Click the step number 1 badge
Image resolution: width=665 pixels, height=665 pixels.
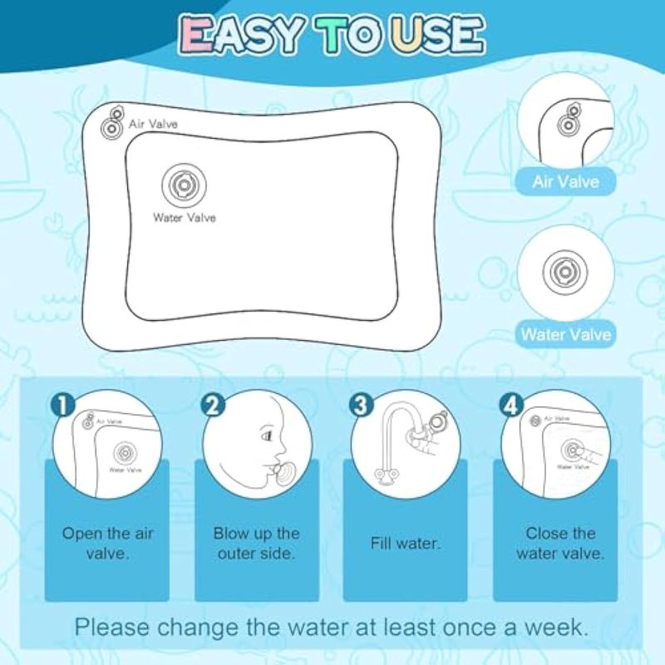click(x=62, y=406)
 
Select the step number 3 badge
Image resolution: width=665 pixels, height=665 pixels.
click(x=361, y=406)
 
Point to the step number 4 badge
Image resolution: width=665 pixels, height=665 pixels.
click(x=512, y=406)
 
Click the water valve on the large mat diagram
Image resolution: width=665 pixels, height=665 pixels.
click(x=184, y=185)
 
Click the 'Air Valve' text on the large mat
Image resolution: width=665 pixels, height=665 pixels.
click(x=153, y=124)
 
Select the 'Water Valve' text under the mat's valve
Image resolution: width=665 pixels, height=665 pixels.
click(x=185, y=218)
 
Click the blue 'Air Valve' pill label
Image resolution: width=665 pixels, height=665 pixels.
click(x=566, y=182)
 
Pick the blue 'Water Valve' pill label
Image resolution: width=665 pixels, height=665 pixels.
click(x=566, y=335)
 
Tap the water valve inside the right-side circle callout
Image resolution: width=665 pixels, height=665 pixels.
click(x=566, y=272)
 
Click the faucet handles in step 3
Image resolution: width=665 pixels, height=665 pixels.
click(x=387, y=475)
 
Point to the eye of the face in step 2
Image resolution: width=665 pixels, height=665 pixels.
click(x=267, y=436)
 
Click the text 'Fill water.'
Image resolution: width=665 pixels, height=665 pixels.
click(x=406, y=544)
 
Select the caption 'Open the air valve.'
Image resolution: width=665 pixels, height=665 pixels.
click(x=107, y=544)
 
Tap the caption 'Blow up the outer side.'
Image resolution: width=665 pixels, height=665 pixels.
click(x=257, y=544)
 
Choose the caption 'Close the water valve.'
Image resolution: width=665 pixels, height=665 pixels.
click(x=560, y=544)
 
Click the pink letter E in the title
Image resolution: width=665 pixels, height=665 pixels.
click(x=195, y=35)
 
